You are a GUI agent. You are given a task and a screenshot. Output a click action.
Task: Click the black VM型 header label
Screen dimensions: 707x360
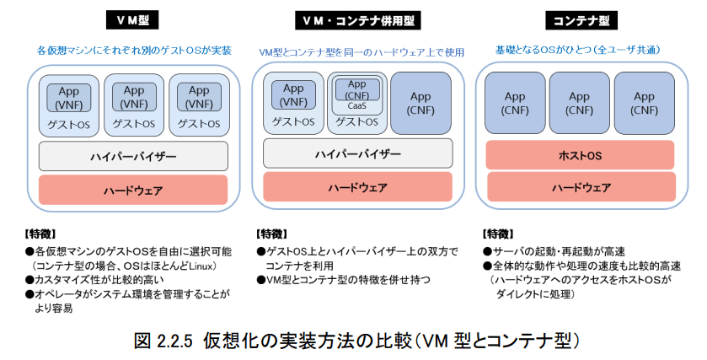(x=132, y=20)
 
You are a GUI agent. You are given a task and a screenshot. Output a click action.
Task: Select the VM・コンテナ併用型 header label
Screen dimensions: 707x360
(x=357, y=21)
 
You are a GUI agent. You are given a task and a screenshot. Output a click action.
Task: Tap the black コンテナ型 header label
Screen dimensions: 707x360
(x=581, y=20)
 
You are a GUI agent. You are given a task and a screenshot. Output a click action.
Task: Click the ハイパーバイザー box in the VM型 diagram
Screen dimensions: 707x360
(x=133, y=157)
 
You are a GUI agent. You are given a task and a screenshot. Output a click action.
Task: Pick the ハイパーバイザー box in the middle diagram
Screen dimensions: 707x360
(x=357, y=153)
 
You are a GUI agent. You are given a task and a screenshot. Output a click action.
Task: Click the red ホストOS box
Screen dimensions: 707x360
(x=581, y=155)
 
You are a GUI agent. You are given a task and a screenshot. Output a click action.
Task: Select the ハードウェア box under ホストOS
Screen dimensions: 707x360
(x=581, y=187)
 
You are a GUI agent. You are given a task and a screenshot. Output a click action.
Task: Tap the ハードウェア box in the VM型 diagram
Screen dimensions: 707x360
(x=133, y=190)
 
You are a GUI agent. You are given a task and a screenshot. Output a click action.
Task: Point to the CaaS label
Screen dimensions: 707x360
(x=356, y=106)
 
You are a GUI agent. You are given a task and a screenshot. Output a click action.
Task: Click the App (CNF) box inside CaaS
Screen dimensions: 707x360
(x=357, y=89)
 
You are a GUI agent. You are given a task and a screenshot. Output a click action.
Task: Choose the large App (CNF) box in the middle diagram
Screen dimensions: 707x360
(x=420, y=104)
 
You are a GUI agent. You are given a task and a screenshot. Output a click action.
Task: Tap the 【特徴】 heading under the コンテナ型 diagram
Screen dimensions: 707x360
(x=498, y=234)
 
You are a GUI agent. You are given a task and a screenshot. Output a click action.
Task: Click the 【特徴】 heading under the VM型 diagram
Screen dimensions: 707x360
(x=40, y=234)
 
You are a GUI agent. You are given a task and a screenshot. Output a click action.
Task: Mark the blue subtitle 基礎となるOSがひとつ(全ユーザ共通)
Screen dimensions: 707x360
(x=577, y=50)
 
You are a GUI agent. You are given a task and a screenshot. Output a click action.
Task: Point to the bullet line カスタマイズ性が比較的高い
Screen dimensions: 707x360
(x=94, y=280)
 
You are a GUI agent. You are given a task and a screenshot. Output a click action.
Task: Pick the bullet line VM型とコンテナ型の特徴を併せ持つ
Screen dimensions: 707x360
(x=344, y=280)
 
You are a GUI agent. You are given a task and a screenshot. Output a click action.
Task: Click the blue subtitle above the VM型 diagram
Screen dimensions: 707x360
(x=134, y=50)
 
